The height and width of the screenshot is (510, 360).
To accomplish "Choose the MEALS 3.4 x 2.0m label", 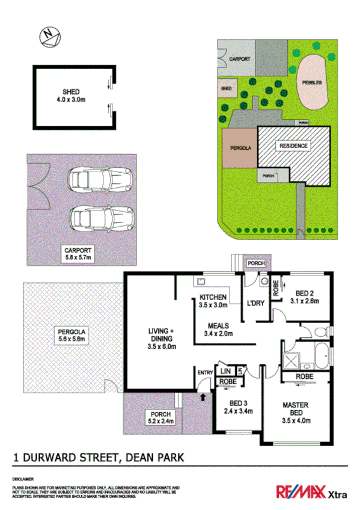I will [x=217, y=330].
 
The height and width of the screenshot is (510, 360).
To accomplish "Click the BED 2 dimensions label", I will [x=304, y=297].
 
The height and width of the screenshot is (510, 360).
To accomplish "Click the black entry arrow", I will [x=203, y=396].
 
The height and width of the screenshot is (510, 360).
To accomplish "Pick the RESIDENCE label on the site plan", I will [x=293, y=146].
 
